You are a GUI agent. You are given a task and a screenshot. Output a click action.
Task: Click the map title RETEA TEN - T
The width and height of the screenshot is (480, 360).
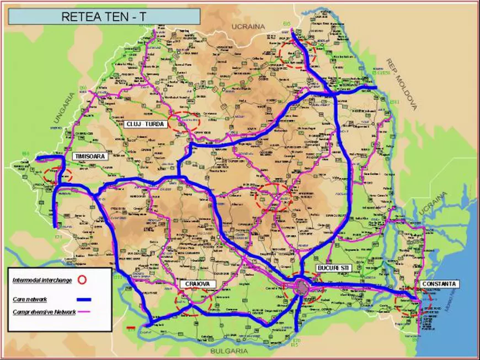coord(104,16)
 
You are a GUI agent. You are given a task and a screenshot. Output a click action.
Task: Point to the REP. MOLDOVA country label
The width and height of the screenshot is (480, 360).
coord(401,83)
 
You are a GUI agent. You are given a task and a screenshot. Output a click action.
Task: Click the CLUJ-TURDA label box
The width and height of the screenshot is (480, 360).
coord(145,124)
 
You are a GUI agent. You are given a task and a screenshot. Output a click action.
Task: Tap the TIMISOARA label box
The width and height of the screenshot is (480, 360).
coord(90,157)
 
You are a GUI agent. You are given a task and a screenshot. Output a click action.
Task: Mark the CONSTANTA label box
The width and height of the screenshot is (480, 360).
coord(439,284)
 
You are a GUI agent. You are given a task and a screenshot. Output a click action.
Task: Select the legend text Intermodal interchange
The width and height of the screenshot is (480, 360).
coord(42,281)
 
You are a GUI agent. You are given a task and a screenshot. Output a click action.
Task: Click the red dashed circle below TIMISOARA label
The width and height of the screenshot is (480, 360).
coord(61,175)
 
